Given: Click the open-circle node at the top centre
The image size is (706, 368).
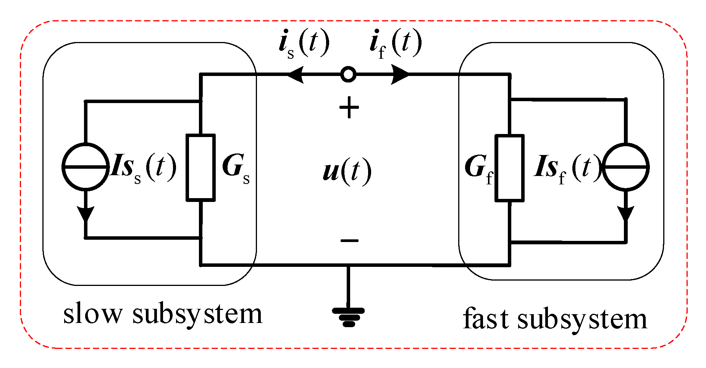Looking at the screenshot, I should pyautogui.click(x=348, y=74).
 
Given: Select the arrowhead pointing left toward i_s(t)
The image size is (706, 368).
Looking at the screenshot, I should pyautogui.click(x=295, y=74).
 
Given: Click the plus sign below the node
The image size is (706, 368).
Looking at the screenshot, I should pyautogui.click(x=349, y=108).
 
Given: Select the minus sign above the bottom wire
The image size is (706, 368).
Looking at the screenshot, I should pyautogui.click(x=349, y=240).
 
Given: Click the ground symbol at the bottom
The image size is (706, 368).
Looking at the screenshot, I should pyautogui.click(x=348, y=317).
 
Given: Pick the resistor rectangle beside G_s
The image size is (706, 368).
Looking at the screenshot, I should pyautogui.click(x=200, y=167).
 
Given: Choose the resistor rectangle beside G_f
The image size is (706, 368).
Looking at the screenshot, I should pyautogui.click(x=509, y=168).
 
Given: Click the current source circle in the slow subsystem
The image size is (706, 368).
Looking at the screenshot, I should pyautogui.click(x=86, y=166).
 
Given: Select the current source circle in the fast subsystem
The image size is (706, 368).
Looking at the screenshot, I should pyautogui.click(x=625, y=167).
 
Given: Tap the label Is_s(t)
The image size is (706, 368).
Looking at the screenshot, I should pyautogui.click(x=143, y=168).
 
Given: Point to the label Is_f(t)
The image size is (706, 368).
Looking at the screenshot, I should pyautogui.click(x=567, y=168).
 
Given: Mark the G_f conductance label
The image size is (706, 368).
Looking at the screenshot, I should pyautogui.click(x=479, y=169).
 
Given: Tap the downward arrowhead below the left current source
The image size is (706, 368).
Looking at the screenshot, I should pyautogui.click(x=86, y=214).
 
